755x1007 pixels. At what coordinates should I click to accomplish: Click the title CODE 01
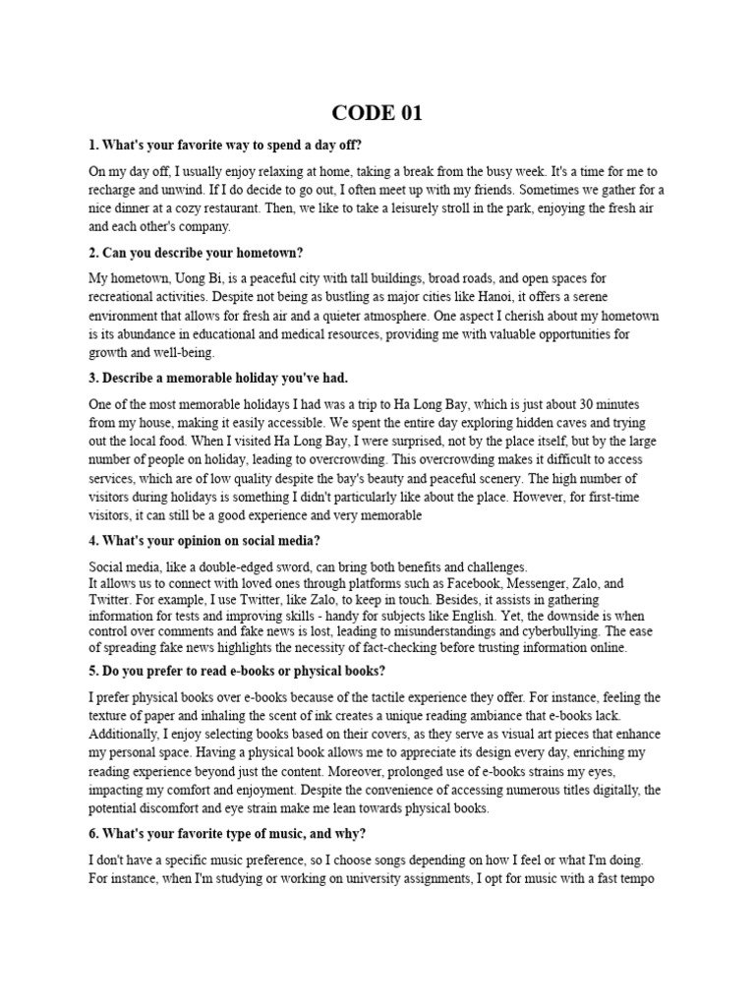[377, 113]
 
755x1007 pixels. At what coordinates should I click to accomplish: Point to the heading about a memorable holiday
[218, 378]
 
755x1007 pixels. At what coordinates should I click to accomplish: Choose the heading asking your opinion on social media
[204, 541]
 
